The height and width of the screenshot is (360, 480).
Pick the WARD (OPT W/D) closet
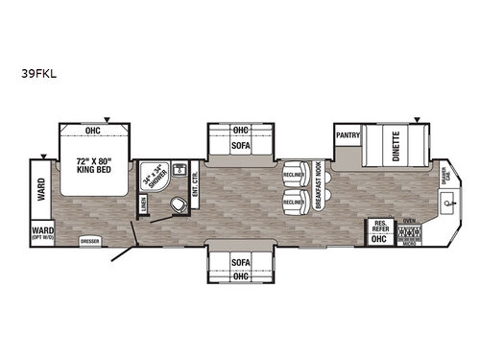click(x=42, y=232)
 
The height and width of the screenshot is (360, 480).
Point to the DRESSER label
click(x=91, y=240)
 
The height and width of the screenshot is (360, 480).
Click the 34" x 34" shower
click(x=155, y=178)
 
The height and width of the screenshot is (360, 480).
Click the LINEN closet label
click(x=144, y=204)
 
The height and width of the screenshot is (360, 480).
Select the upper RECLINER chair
click(x=293, y=176)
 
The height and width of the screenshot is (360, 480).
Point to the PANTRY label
click(x=348, y=135)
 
